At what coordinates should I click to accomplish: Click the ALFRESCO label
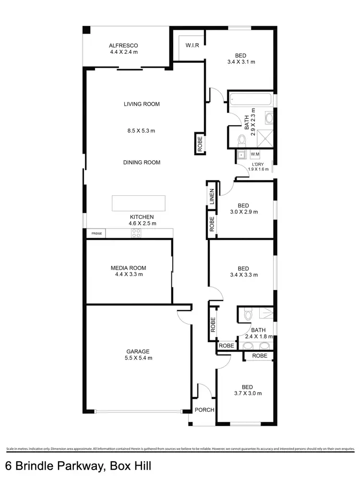[x=123, y=46]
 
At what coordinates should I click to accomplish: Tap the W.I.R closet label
[x=189, y=46]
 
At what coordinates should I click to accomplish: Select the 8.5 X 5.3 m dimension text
[x=141, y=130]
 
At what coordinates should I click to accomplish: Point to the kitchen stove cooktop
[x=136, y=233]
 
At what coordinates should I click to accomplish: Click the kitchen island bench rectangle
[x=139, y=203]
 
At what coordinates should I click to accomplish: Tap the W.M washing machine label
[x=255, y=154]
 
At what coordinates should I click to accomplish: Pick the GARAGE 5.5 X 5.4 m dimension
[x=138, y=358]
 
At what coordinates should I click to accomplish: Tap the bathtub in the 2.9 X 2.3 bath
[x=251, y=100]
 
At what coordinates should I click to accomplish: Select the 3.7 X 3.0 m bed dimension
[x=248, y=394]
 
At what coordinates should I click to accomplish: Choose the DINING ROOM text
[x=142, y=162]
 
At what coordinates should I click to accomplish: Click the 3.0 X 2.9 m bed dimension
[x=244, y=212]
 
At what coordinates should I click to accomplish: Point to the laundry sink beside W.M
[x=241, y=155]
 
